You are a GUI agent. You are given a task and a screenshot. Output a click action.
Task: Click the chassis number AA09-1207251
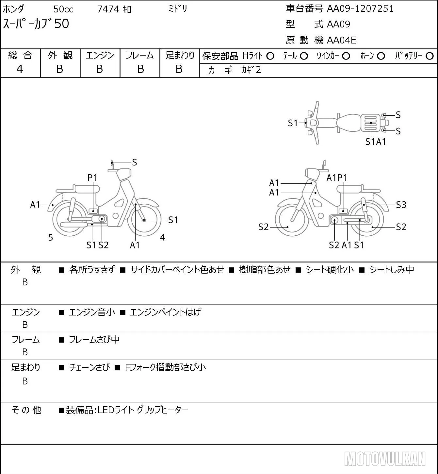360,8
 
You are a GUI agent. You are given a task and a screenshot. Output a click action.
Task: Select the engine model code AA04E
341,40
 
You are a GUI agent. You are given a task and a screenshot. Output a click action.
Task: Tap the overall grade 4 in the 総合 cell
20,69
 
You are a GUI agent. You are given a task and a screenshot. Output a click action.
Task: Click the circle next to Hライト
270,56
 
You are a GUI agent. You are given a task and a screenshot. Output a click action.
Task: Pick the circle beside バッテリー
430,56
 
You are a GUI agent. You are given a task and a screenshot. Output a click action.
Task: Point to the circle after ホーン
381,56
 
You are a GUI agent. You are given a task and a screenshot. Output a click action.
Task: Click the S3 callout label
401,205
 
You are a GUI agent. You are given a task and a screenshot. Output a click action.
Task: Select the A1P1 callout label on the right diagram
337,178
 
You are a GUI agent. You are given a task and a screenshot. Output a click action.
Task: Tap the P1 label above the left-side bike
92,178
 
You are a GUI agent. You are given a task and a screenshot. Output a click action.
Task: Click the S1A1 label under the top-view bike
376,142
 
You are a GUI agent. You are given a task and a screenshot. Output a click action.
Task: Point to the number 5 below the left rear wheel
51,237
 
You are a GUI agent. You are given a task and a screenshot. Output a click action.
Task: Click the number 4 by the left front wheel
162,237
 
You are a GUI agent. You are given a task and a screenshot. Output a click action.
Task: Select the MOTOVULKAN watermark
385,459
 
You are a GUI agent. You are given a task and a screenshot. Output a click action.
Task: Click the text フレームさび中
94,340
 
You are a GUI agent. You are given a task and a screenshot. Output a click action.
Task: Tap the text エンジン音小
92,312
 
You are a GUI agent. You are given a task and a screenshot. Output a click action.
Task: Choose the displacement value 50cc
63,9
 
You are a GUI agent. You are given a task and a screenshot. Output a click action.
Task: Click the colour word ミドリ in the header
178,9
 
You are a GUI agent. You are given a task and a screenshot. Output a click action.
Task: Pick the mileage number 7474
108,9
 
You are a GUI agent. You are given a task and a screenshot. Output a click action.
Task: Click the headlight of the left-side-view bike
124,175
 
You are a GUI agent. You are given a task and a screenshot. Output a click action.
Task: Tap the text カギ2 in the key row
251,70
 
